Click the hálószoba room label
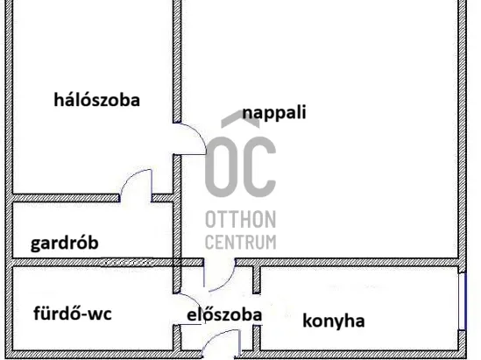(96, 100)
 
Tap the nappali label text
(274, 112)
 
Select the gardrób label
(65, 243)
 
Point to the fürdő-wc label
(73, 314)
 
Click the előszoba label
(224, 314)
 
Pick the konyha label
(334, 321)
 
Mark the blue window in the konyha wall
(463, 301)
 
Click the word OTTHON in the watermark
(240, 220)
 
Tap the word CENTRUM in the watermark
(240, 242)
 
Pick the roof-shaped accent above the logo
(240, 119)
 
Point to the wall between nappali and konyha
(347, 263)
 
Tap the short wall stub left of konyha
(257, 279)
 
